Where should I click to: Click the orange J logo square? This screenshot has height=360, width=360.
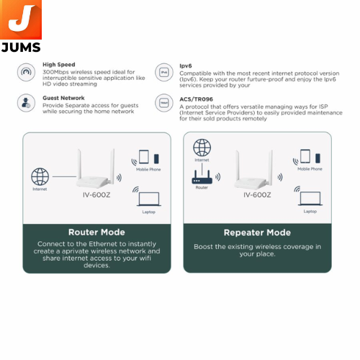(x=21, y=19)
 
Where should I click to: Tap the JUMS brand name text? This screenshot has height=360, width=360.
(x=21, y=48)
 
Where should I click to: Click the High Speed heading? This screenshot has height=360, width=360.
(x=59, y=65)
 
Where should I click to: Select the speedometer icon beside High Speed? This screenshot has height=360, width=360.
(x=26, y=72)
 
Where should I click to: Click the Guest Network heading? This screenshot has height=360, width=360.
(x=63, y=98)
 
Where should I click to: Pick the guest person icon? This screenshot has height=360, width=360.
(x=26, y=103)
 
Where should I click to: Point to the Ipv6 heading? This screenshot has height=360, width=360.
(x=186, y=66)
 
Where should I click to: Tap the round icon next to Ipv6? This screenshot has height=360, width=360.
(x=164, y=72)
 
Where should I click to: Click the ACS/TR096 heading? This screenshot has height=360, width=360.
(x=196, y=99)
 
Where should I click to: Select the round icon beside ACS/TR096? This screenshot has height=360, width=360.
(x=164, y=103)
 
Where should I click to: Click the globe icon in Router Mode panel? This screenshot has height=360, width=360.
(x=40, y=176)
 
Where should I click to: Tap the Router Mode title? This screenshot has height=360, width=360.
(x=96, y=232)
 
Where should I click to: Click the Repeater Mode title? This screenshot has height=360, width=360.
(x=257, y=233)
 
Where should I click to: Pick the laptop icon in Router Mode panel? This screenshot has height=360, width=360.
(x=149, y=199)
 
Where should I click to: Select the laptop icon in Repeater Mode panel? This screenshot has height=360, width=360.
(x=310, y=198)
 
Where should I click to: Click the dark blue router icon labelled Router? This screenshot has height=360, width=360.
(x=202, y=177)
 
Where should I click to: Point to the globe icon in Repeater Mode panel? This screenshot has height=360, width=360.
(x=202, y=148)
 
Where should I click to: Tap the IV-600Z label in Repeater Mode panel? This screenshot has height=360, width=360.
(x=257, y=195)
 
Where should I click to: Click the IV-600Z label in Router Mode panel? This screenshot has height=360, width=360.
(x=96, y=195)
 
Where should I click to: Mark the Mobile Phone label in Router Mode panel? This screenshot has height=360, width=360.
(x=148, y=169)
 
